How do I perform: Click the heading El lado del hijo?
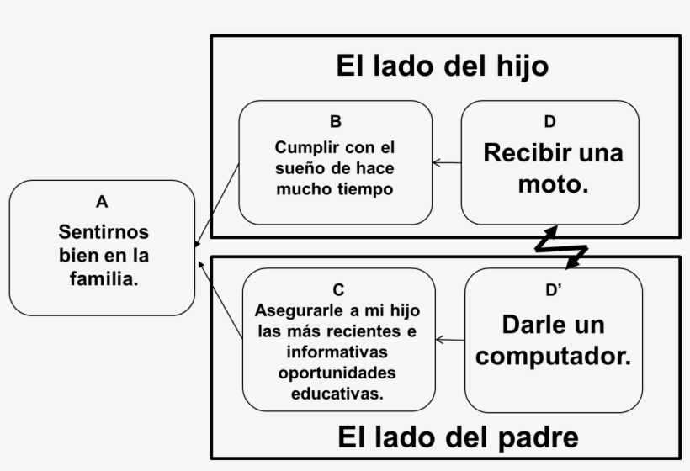click(442, 66)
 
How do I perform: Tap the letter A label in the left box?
click(102, 202)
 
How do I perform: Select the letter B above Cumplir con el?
click(336, 121)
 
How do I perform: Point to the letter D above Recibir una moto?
click(549, 122)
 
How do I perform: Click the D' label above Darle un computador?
click(553, 290)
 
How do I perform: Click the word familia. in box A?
click(103, 278)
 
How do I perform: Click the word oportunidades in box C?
click(339, 372)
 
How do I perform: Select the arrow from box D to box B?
click(447, 162)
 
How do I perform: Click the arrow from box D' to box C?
click(450, 340)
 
